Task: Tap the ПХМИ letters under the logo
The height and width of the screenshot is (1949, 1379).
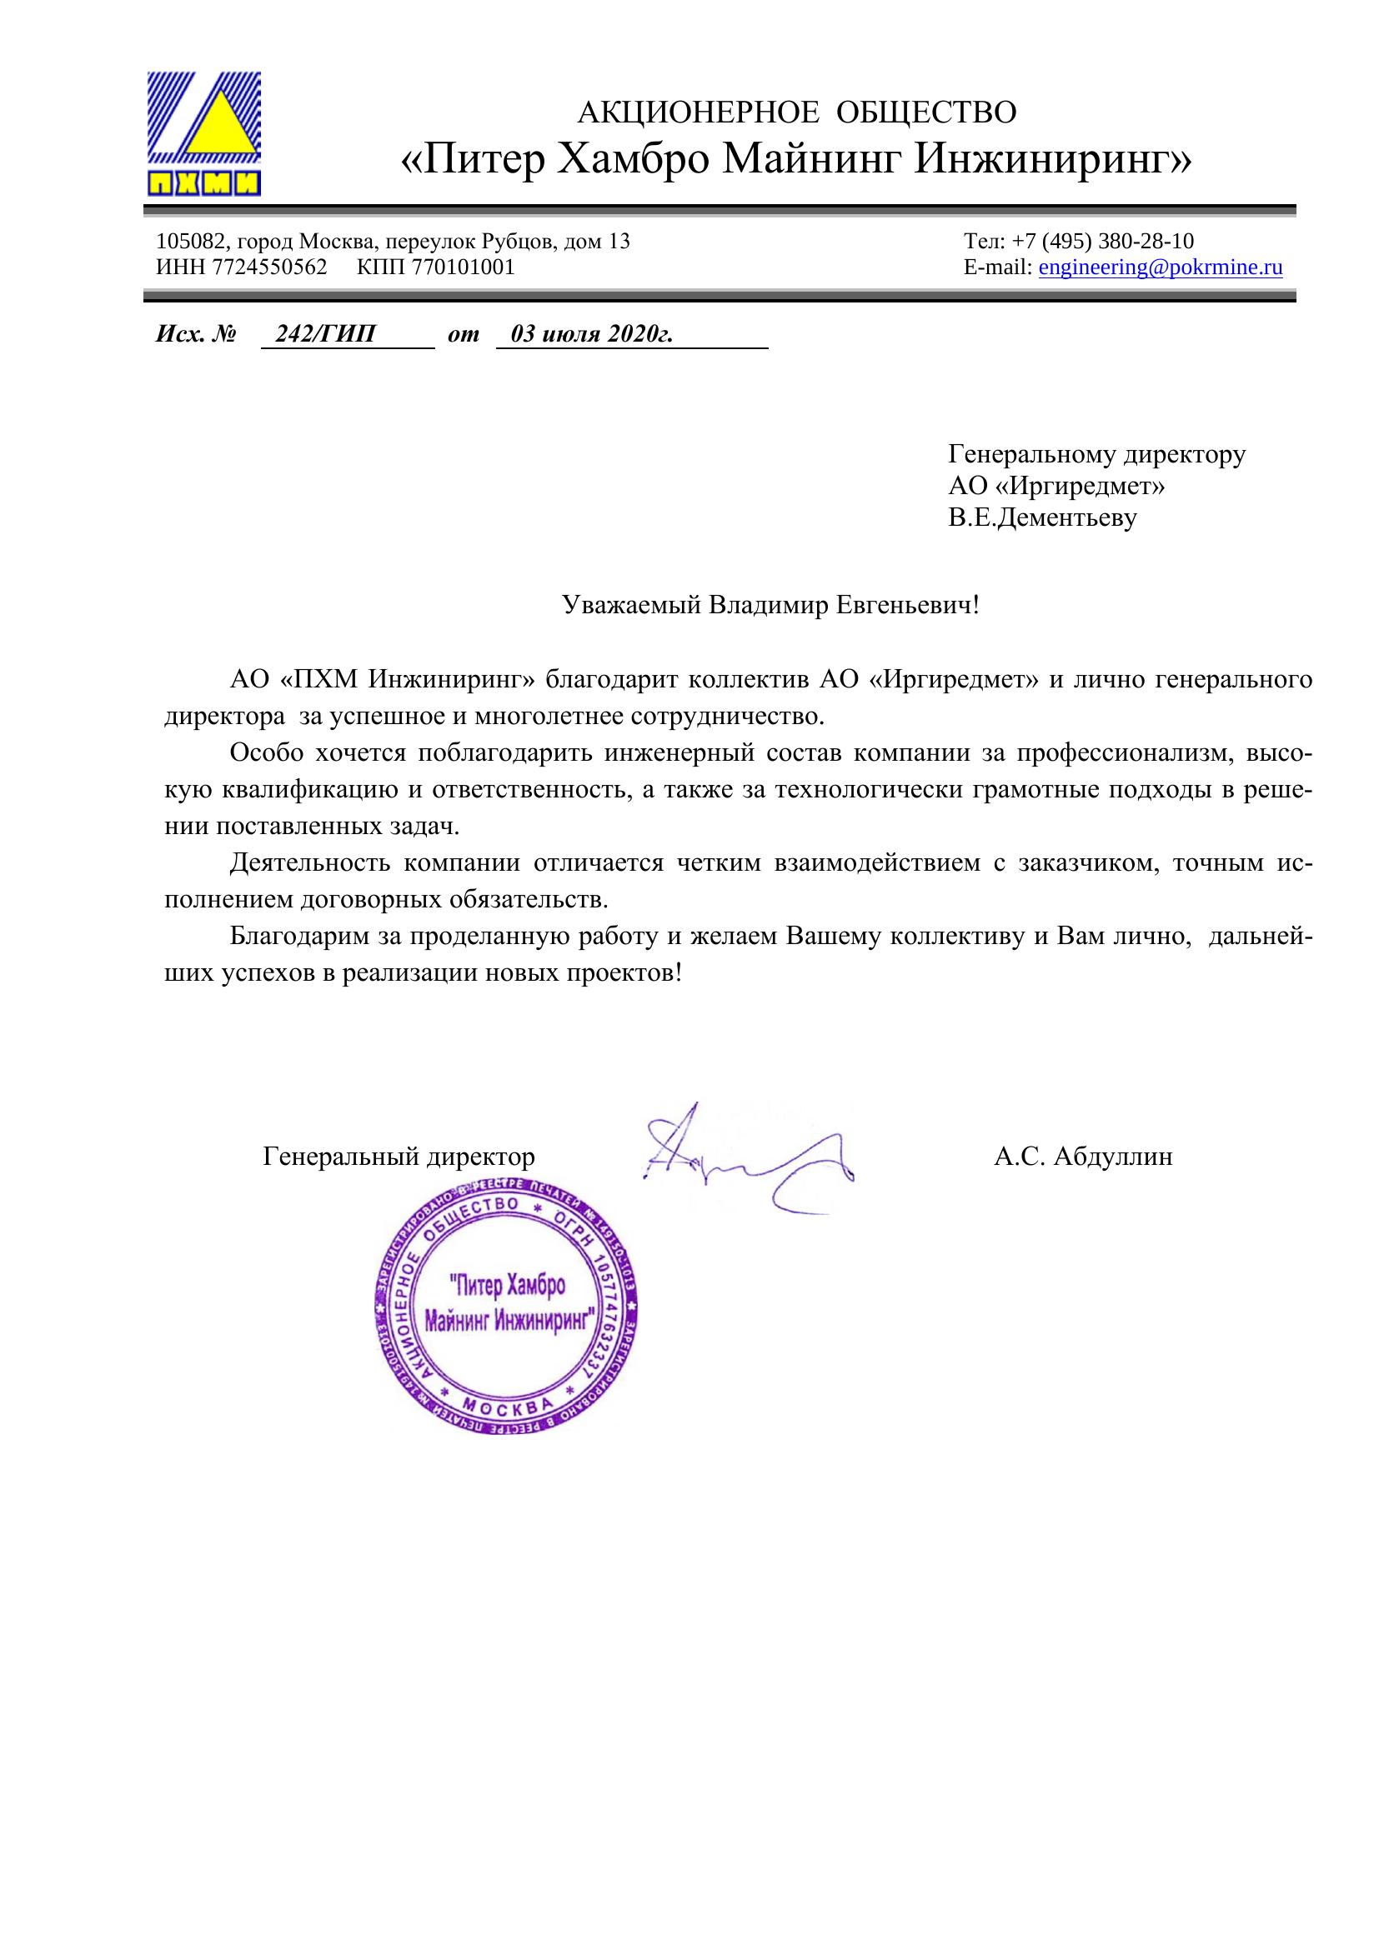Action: point(203,183)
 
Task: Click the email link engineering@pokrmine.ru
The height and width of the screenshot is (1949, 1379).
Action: point(1160,267)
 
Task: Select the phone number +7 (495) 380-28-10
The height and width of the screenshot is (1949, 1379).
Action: point(1103,241)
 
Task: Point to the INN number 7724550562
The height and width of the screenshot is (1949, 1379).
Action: point(269,267)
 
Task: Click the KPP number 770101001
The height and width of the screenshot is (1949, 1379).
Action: point(463,267)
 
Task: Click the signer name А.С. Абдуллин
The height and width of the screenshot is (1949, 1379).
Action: point(1083,1157)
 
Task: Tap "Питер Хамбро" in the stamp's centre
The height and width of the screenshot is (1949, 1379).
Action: point(506,1286)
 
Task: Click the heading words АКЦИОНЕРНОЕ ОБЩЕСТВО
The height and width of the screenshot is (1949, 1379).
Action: point(796,112)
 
